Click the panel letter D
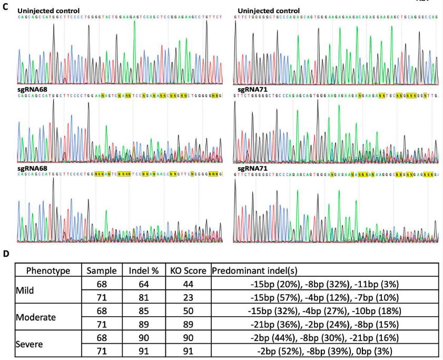(x=5, y=254)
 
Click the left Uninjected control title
(x=48, y=11)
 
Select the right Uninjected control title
(x=269, y=11)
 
